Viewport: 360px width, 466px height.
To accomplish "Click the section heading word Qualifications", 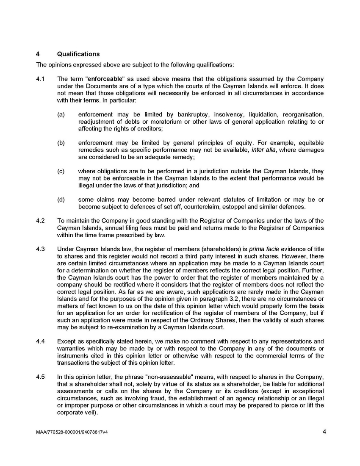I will pos(78,54).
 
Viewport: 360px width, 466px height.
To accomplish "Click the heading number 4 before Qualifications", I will pos(38,54).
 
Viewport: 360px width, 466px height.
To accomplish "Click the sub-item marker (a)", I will pos(61,114).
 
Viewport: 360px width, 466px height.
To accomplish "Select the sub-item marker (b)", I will pos(61,143).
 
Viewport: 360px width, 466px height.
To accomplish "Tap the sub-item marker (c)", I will pos(61,171).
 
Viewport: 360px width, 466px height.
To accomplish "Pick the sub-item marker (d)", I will pos(61,200).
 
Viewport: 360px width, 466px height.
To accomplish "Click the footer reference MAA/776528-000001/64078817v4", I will pos(72,433).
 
